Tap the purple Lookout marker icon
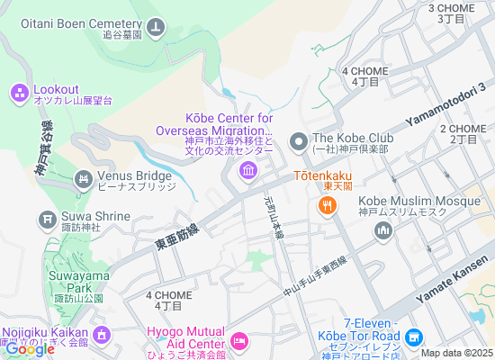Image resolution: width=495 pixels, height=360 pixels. pos(19,92)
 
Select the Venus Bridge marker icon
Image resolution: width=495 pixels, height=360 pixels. pos(84,179)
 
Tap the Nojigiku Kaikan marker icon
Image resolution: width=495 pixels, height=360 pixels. pos(100,336)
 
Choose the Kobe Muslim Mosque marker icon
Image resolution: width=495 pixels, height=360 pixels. pos(383,232)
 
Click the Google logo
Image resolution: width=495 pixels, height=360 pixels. pos(29,350)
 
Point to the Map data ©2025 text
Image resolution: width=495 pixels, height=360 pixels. pos(457,353)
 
